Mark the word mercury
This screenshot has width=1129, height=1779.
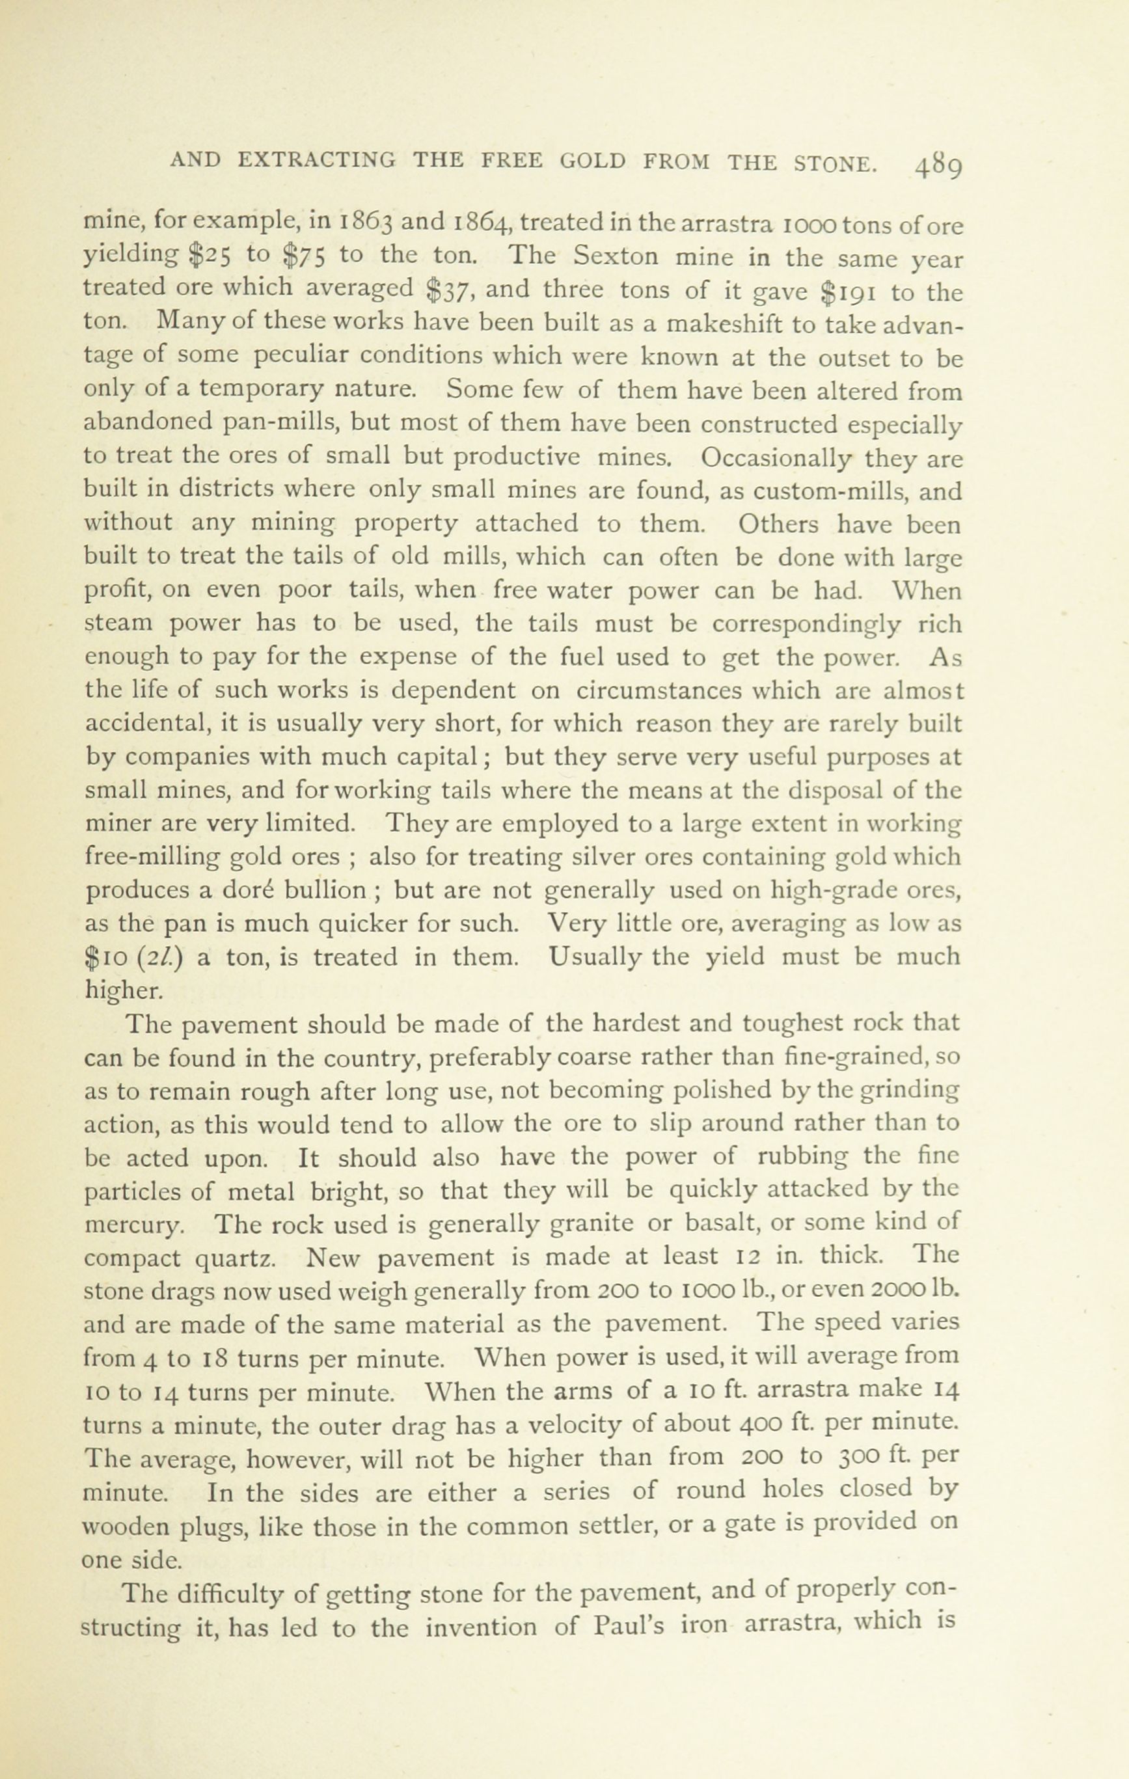(133, 1225)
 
